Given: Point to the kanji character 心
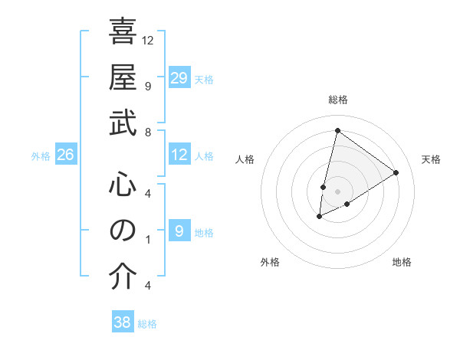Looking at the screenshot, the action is [123, 184].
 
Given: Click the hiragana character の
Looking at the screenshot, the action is [123, 230].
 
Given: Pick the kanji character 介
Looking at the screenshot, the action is [123, 277].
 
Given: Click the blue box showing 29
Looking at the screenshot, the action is [179, 78].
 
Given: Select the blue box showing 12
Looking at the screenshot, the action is [179, 155].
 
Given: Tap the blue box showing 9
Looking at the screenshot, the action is [179, 231].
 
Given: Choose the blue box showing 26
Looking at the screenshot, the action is [65, 155].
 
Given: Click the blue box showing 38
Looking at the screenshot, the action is [123, 322].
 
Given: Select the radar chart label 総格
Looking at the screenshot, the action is [337, 100].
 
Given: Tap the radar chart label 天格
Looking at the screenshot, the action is [431, 159].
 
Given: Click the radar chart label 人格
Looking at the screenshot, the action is [245, 159].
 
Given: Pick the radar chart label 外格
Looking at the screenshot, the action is [270, 262].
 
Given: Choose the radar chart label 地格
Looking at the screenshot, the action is [402, 262].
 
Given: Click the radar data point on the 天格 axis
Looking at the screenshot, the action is [396, 172].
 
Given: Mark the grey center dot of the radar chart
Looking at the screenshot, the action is [337, 191].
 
